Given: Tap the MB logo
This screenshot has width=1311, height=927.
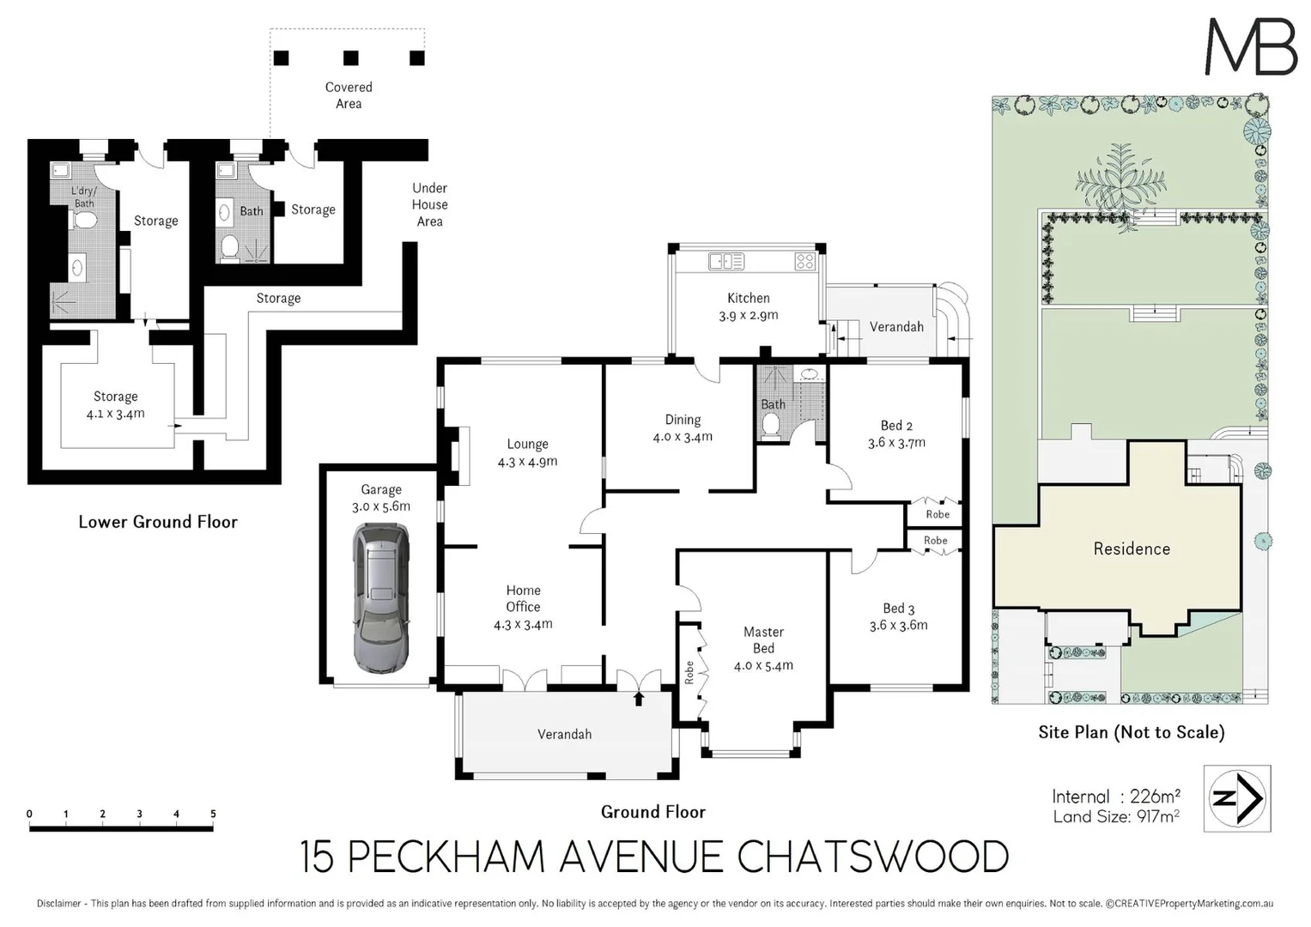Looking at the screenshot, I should coord(1251,46).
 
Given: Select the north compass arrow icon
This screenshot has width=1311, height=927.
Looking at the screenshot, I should coord(1237,799).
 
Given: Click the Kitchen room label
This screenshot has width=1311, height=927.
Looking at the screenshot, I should coord(748,298).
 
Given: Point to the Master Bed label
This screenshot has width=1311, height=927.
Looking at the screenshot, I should coord(763,640).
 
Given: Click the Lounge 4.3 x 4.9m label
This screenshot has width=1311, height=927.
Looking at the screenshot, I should coord(527,452).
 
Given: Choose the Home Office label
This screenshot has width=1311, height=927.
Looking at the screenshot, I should coord(523,598).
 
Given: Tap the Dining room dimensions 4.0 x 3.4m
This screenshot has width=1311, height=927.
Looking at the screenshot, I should coord(683,437).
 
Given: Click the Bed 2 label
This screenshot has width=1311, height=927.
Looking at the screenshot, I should coord(896,426).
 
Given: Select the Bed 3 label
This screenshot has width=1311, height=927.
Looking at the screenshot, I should coord(898,609).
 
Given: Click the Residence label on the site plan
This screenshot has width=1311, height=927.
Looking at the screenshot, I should coord(1131,548).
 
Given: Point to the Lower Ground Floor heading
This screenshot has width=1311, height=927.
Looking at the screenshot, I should coord(158,522).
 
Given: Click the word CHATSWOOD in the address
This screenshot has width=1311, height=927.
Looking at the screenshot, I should coord(873,857).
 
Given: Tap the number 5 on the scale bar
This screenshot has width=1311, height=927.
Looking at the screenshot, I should coord(213,814).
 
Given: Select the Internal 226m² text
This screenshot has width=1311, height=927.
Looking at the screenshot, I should coord(1115,797).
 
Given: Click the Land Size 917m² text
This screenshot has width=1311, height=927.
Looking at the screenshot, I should coord(1115,816).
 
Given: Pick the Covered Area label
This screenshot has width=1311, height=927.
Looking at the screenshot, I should coord(349,95).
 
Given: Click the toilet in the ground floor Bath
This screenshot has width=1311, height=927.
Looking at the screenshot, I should coord(770,424).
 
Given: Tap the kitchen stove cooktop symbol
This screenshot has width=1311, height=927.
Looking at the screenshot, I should coord(804,261).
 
